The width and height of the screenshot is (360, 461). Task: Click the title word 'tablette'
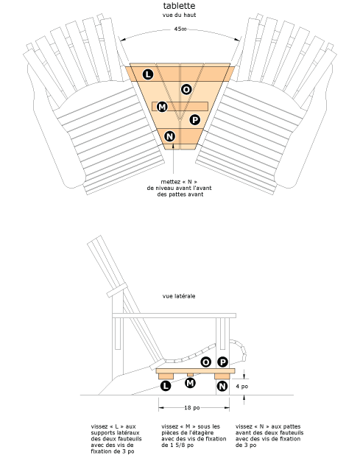point(180,6)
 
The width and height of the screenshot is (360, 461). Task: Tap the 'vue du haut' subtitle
point(180,15)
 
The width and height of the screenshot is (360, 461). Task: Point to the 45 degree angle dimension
point(180,29)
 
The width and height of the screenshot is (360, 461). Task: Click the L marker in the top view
point(148,74)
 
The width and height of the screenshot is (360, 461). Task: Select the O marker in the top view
point(186,89)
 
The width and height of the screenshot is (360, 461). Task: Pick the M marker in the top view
point(162,108)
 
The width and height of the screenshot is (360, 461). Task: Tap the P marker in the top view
point(194,119)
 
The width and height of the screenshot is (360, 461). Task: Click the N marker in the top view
point(170,136)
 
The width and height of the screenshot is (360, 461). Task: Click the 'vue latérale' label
point(179,297)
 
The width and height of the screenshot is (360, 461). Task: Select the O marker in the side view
point(205,362)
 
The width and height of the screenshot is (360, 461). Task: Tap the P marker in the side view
point(222,362)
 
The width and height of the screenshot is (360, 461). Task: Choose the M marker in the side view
point(191,383)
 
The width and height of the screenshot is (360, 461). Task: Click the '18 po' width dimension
point(193,407)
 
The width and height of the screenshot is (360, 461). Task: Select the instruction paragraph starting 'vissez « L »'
point(116,438)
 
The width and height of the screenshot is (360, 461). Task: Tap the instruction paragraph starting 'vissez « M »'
point(190,435)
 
